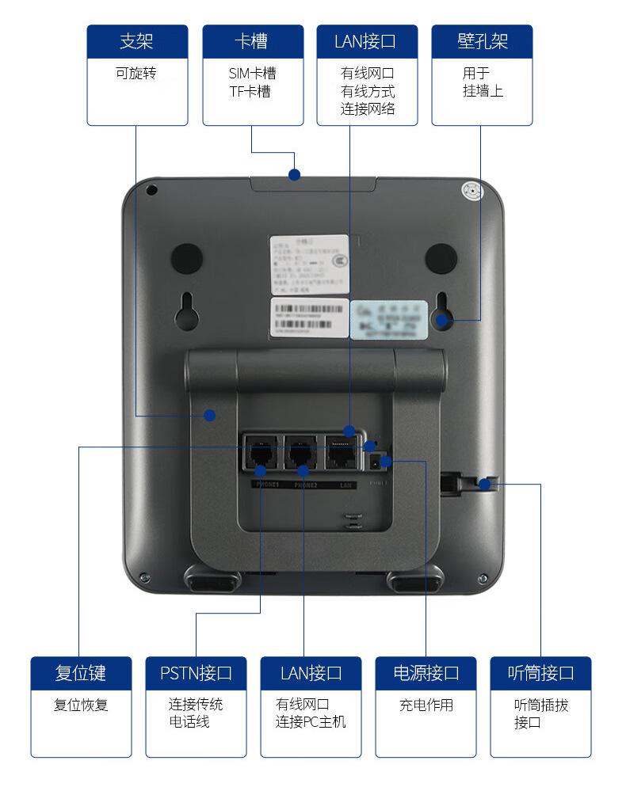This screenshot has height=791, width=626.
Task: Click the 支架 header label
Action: (x=137, y=41)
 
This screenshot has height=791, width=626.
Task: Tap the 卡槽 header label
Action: (x=253, y=41)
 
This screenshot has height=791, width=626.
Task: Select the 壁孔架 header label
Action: (x=482, y=41)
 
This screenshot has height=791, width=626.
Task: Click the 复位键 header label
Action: (x=81, y=673)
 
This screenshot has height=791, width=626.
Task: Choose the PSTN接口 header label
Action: (x=197, y=673)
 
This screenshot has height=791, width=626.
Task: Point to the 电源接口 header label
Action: (x=426, y=673)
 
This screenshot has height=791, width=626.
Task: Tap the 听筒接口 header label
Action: (x=540, y=673)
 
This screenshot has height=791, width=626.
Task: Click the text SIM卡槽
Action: (x=253, y=74)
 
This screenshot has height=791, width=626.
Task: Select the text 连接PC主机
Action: (x=311, y=722)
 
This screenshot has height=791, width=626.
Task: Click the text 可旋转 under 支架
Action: (x=136, y=74)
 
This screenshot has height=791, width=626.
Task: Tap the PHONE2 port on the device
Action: (x=302, y=454)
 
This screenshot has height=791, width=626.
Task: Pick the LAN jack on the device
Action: (x=342, y=454)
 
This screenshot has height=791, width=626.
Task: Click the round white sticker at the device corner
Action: (x=472, y=192)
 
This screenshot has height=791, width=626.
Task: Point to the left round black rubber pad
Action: (x=187, y=258)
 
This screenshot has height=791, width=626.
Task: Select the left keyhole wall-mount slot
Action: (x=187, y=310)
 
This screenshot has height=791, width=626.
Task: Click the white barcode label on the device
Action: (x=309, y=317)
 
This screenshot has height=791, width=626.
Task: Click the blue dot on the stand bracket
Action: (x=210, y=415)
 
